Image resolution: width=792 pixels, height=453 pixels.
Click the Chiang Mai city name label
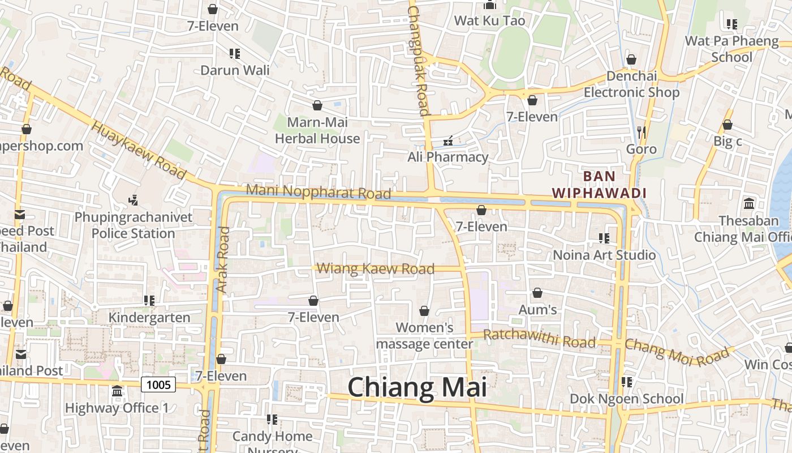click(x=417, y=388)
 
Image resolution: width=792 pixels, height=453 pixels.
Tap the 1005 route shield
click(x=158, y=385)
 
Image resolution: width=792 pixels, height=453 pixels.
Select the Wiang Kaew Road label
click(x=375, y=268)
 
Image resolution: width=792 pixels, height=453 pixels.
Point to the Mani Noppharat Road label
click(x=318, y=192)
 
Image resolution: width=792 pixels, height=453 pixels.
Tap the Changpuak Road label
click(x=419, y=59)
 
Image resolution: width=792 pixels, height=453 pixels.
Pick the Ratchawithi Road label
click(x=539, y=339)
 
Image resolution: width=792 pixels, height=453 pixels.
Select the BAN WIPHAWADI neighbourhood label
click(x=599, y=185)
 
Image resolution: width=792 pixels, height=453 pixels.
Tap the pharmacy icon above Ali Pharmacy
click(x=447, y=140)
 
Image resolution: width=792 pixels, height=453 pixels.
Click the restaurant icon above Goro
click(x=641, y=133)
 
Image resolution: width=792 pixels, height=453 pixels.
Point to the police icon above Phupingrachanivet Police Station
click(x=133, y=200)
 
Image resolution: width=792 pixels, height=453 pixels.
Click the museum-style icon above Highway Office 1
click(x=117, y=391)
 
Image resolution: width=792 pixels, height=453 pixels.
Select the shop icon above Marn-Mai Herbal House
click(x=317, y=105)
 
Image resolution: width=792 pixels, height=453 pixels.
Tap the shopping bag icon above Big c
click(x=728, y=125)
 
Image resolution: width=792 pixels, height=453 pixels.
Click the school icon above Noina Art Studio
click(x=604, y=238)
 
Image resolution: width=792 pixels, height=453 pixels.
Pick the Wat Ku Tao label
click(x=490, y=21)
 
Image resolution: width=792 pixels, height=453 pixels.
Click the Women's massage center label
click(x=424, y=335)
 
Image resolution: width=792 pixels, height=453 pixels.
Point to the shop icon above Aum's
click(x=537, y=293)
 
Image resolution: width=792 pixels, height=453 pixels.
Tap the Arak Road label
click(x=222, y=260)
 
